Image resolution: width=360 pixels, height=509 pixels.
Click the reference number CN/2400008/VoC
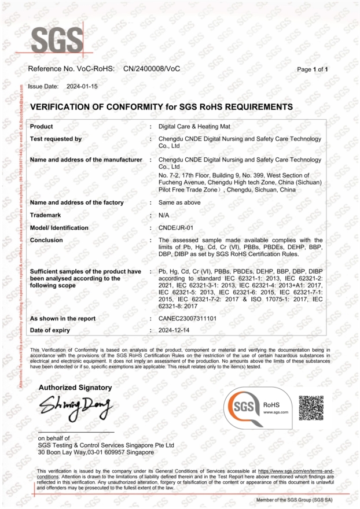coord(152,69)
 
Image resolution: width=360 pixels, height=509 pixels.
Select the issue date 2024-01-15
coord(82,86)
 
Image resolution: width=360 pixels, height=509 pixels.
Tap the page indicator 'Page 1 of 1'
coord(313,69)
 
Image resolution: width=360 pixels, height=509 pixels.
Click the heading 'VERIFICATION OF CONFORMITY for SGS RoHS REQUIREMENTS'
coord(161,107)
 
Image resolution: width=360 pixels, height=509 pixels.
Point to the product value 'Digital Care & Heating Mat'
coord(196,126)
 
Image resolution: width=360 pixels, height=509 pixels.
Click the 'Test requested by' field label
coord(56,139)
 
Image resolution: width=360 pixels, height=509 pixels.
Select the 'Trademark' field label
coord(46,215)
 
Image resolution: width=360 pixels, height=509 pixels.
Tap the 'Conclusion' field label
coord(46,240)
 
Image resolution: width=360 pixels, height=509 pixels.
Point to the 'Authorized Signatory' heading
coord(75,387)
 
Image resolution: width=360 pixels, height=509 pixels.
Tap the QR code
coord(311,408)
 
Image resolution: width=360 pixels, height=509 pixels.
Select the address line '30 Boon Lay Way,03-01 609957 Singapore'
coord(95,452)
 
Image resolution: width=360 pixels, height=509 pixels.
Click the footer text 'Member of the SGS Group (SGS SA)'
coord(297,499)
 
